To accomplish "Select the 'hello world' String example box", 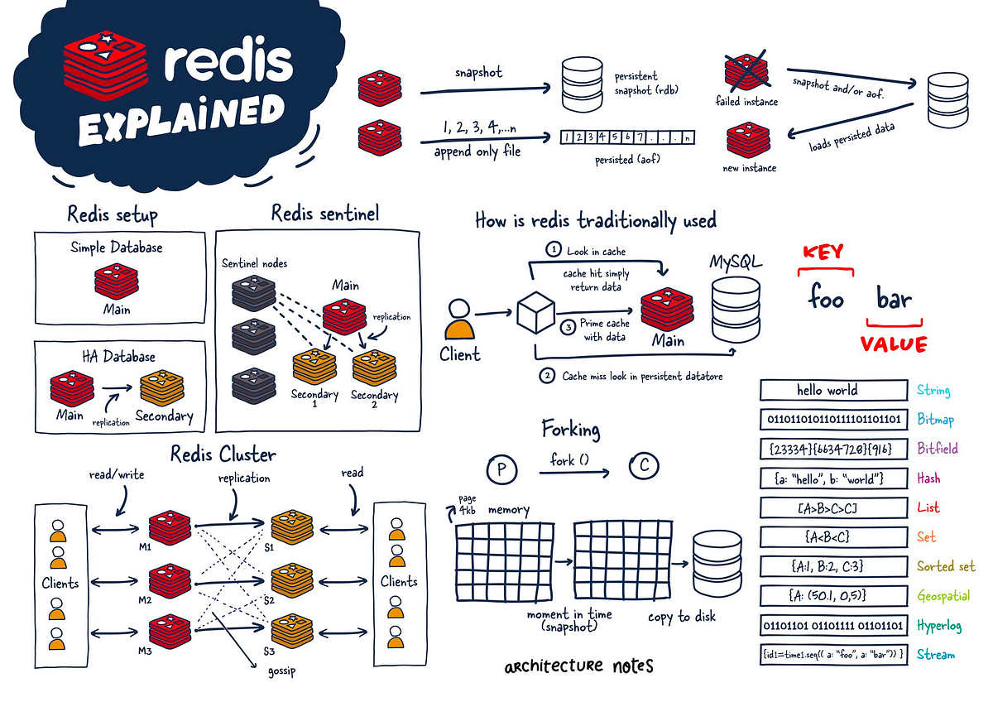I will click(x=827, y=390).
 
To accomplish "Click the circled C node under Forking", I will click(x=644, y=467).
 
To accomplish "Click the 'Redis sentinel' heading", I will click(x=325, y=214).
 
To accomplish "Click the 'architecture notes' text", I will click(x=578, y=666).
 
